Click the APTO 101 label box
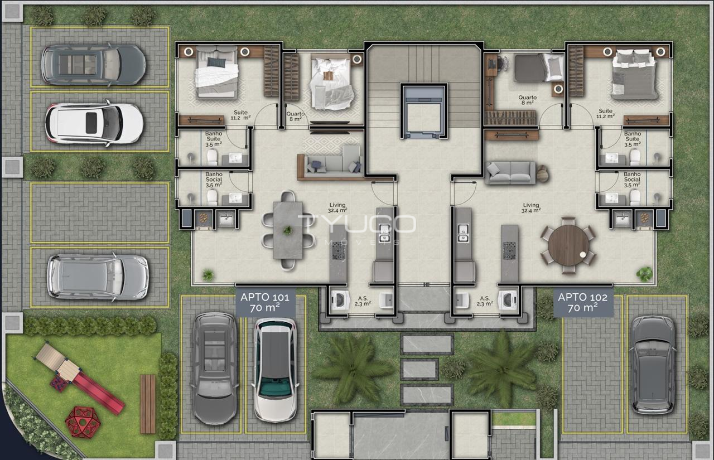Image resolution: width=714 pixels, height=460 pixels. (x=265, y=302)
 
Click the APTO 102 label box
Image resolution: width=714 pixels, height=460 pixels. (x=583, y=302)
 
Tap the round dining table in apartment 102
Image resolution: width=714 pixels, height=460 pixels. (x=568, y=245)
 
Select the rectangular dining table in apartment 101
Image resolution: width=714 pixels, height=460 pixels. (x=288, y=230)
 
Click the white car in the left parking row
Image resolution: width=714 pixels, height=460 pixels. (x=94, y=123)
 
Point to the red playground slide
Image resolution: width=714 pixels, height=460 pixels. (x=99, y=394)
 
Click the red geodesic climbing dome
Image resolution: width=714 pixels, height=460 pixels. (x=83, y=422)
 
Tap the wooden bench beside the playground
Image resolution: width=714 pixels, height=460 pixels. (x=148, y=404)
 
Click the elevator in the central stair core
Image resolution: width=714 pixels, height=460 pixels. (x=424, y=111)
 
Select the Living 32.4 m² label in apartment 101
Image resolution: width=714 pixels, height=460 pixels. (x=337, y=208)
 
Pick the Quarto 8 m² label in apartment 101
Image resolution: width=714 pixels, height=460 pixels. (x=296, y=117)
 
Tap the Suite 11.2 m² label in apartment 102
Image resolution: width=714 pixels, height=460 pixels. (x=606, y=113)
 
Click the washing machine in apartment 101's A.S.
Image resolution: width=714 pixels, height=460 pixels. (x=340, y=300)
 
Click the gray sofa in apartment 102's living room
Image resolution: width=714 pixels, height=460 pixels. (x=510, y=173)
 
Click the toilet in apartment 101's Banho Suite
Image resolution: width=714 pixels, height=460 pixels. (x=212, y=157)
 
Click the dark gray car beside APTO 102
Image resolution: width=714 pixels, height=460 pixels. (x=653, y=365)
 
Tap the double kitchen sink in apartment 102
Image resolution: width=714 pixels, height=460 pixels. (x=462, y=233)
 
